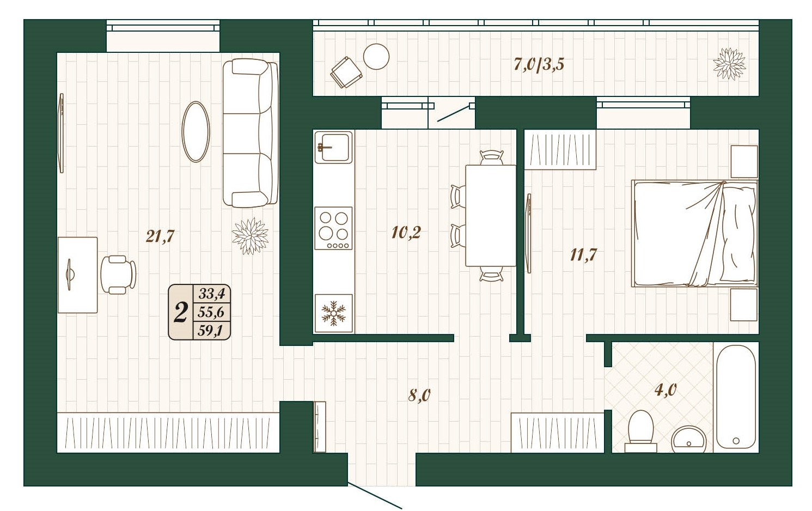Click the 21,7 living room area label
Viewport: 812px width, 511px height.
click(160, 237)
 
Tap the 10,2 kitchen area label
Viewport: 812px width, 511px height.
click(406, 232)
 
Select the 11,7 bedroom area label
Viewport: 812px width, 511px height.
click(583, 255)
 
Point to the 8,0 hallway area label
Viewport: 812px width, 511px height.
click(419, 396)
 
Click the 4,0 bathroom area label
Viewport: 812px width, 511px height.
click(666, 390)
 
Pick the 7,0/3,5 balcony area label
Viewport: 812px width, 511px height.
click(539, 64)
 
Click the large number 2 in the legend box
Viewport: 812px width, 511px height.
click(180, 312)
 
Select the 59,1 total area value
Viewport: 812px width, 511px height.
click(210, 331)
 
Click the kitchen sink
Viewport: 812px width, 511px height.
click(333, 147)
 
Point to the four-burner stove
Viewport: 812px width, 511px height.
click(333, 228)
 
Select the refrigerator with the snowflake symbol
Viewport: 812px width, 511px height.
click(333, 313)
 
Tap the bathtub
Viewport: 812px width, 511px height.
click(736, 397)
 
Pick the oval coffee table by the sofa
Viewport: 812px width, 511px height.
click(196, 132)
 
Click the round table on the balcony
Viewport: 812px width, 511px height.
click(376, 57)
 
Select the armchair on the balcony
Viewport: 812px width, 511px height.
click(346, 72)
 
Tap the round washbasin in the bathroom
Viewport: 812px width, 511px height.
click(689, 440)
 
